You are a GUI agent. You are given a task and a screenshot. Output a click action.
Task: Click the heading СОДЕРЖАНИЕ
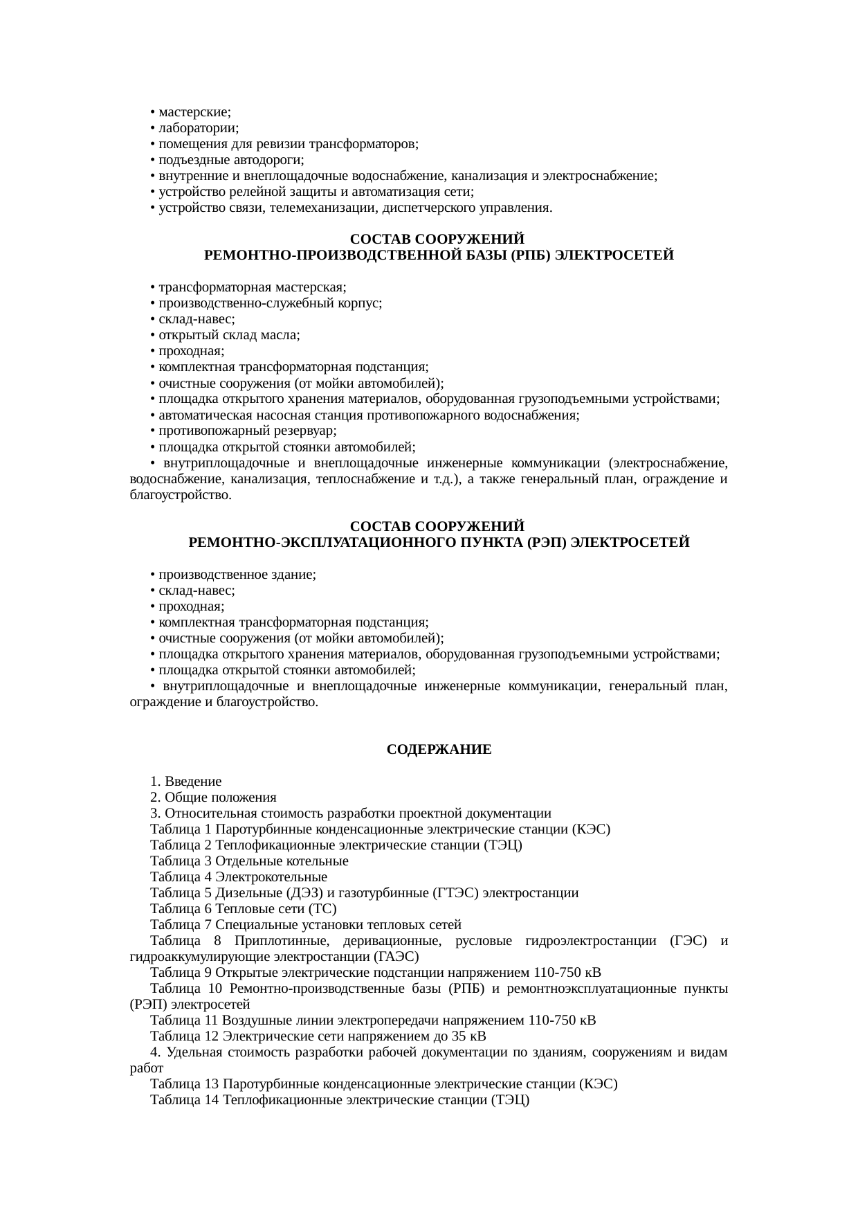click(x=439, y=750)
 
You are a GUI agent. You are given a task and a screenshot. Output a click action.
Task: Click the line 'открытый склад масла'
click(x=228, y=335)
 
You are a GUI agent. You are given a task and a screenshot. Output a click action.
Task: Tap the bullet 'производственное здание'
click(x=237, y=575)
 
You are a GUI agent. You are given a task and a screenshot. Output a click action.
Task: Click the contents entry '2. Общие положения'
click(x=213, y=797)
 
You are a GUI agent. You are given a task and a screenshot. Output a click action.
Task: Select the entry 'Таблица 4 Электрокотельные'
click(x=239, y=877)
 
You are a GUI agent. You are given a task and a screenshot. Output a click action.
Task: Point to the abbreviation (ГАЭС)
click(x=396, y=957)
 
